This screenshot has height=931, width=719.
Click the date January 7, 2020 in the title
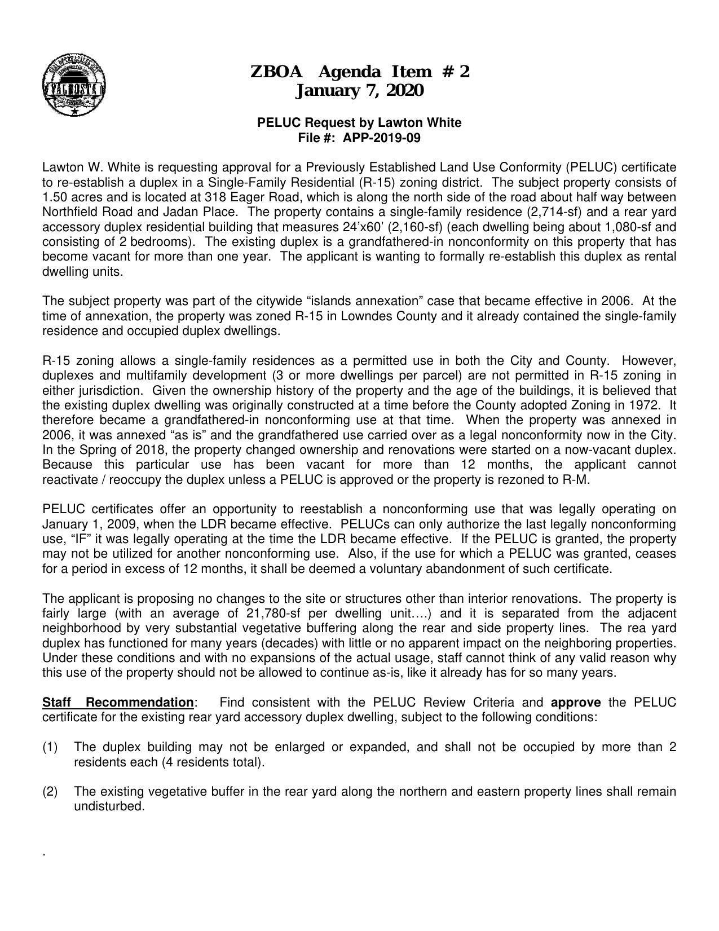(359, 90)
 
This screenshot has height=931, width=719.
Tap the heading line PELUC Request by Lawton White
(359, 122)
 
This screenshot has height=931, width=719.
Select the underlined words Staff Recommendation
(118, 703)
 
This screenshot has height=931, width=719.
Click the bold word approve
(575, 703)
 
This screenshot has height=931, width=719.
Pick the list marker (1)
(50, 747)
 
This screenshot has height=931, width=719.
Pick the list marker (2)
(50, 792)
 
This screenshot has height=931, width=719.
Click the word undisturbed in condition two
(109, 806)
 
